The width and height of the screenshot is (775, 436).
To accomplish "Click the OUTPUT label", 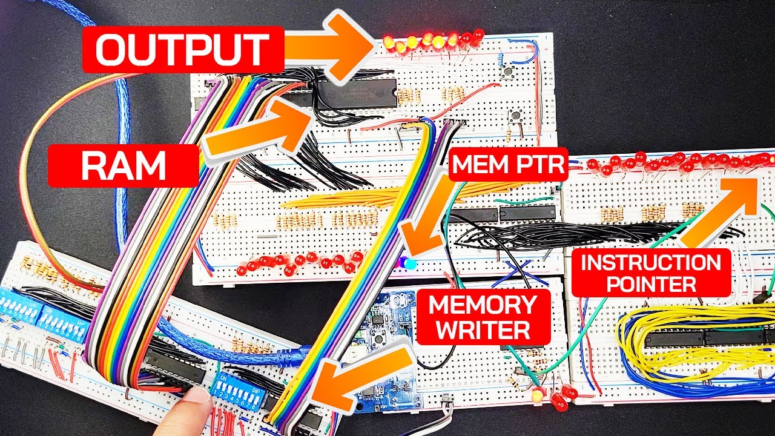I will pyautogui.click(x=182, y=49).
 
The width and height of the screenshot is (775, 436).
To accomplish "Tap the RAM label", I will pyautogui.click(x=123, y=165).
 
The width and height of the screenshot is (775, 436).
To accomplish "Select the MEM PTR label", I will pyautogui.click(x=507, y=163).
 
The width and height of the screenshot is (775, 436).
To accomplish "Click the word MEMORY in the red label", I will pyautogui.click(x=483, y=305).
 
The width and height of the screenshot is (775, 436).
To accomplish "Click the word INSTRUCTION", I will pyautogui.click(x=651, y=263).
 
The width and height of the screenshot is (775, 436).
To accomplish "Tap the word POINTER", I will pyautogui.click(x=651, y=283).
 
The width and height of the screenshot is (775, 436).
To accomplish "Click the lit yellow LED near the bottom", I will pyautogui.click(x=537, y=396).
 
